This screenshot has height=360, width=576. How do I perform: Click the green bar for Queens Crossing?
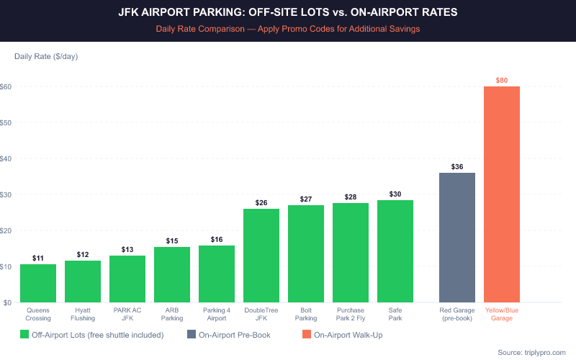coord(38,284)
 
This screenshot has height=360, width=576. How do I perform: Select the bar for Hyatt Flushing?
coord(83,282)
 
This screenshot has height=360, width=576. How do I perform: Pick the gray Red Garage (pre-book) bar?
coord(457,238)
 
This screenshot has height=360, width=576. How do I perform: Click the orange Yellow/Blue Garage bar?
coord(502,194)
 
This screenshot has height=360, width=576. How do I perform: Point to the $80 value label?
coord(502,80)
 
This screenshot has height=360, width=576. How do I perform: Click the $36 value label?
coord(457,166)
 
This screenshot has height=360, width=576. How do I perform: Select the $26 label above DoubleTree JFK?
coord(261,203)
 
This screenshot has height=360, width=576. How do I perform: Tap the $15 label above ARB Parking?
coord(172,240)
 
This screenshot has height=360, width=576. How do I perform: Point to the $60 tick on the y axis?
coord(6,86)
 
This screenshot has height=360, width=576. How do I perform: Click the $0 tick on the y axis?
coord(6,302)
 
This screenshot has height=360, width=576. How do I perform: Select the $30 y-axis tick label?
coord(6,194)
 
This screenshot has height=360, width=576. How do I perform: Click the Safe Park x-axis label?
coord(395,314)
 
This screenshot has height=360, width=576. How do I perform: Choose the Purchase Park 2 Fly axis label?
coord(351,314)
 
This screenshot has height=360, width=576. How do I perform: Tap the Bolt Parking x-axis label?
coord(306,314)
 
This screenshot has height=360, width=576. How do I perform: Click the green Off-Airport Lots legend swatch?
coord(24,334)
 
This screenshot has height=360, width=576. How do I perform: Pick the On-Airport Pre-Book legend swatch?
coord(191,334)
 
